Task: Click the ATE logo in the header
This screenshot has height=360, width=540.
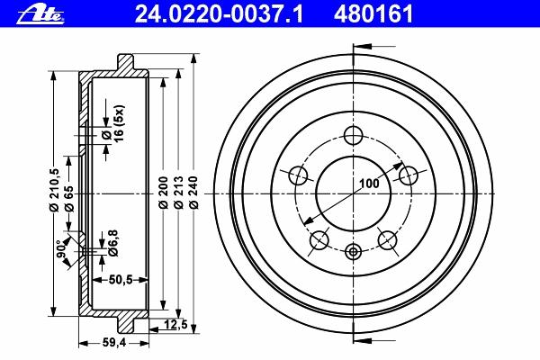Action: pyautogui.click(x=40, y=15)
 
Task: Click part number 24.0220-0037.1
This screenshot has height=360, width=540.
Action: pyautogui.click(x=219, y=14)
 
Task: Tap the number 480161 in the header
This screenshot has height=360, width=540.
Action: pyautogui.click(x=373, y=14)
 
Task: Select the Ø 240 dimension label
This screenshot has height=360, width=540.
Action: pyautogui.click(x=193, y=193)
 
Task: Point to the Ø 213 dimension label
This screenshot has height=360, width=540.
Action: pyautogui.click(x=178, y=193)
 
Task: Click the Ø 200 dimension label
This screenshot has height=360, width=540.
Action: pyautogui.click(x=163, y=193)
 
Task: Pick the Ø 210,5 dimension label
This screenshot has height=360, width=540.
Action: pyautogui.click(x=54, y=190)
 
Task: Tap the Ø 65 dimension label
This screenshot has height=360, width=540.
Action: pyautogui.click(x=69, y=198)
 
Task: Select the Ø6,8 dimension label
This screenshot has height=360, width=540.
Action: pyautogui.click(x=113, y=243)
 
